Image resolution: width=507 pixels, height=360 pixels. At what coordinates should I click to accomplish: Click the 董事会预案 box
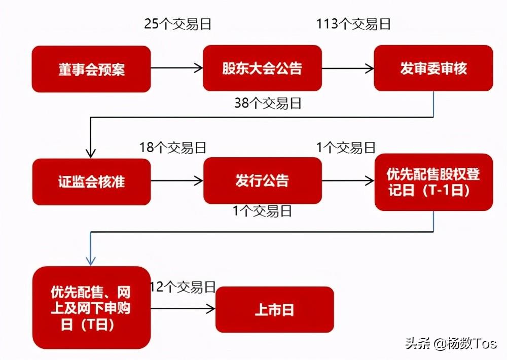(x=91, y=69)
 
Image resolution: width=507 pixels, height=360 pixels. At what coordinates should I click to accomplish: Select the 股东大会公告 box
(x=262, y=68)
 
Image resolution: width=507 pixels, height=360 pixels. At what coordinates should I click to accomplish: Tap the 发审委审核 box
(x=433, y=68)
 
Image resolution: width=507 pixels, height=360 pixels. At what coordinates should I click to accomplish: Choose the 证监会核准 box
(x=91, y=182)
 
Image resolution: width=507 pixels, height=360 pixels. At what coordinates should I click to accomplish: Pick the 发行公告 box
(x=262, y=181)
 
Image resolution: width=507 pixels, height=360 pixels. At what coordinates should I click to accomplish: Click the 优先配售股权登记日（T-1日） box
(x=433, y=182)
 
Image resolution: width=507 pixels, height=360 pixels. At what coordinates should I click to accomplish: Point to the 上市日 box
(x=274, y=309)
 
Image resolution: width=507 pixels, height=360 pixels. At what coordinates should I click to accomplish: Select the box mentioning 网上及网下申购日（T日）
(x=91, y=307)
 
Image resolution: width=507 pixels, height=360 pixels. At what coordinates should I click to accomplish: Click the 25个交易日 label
(x=177, y=24)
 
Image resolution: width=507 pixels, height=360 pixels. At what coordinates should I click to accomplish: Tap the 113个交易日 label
(x=353, y=24)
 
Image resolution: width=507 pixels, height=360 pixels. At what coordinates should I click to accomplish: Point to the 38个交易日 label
(x=268, y=103)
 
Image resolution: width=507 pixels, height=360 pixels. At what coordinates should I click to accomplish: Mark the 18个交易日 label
(x=173, y=148)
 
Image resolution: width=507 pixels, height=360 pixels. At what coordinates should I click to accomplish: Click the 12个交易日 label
(x=183, y=287)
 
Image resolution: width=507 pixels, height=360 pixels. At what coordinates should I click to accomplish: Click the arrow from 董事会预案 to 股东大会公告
(x=176, y=68)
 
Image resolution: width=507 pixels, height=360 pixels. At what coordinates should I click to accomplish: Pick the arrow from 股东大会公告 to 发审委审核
(x=347, y=68)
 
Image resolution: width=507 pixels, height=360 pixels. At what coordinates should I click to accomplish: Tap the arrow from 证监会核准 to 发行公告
(x=176, y=181)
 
